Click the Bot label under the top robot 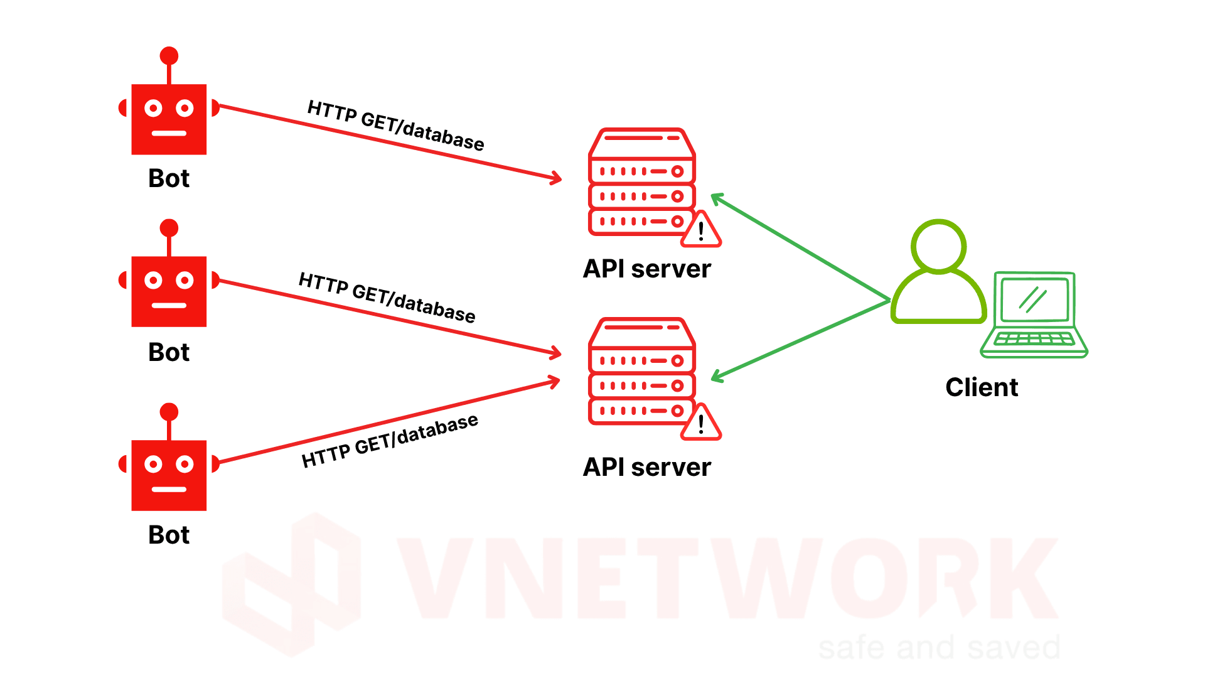[168, 178]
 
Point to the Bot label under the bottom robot [168, 535]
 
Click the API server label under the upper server [646, 269]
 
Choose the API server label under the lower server [646, 467]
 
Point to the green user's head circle [938, 246]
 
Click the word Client [982, 387]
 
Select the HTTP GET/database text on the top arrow [395, 126]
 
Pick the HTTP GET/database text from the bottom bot [390, 441]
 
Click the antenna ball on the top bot [169, 56]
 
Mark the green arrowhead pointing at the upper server [717, 199]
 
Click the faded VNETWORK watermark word [728, 578]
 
